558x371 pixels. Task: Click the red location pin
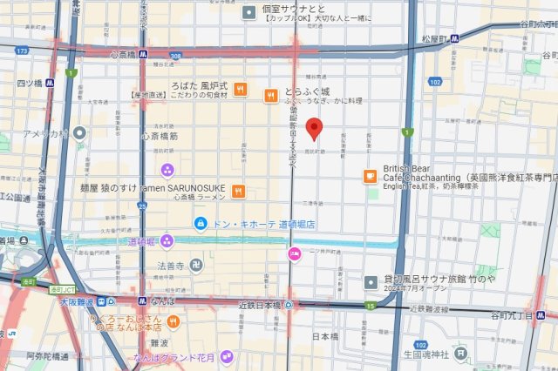[316, 129]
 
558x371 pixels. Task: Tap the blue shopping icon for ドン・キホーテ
[201, 224]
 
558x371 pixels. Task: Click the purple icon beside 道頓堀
[167, 240]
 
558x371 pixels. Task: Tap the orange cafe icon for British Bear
[370, 177]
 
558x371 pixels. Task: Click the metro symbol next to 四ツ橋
[51, 84]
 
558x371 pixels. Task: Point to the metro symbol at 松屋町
[455, 38]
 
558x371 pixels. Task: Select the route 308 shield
[176, 56]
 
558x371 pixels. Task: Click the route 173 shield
[21, 51]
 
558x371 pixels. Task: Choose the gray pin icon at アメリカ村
[79, 133]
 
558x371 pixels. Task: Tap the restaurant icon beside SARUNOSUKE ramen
[237, 192]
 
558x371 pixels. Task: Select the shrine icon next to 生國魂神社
[460, 354]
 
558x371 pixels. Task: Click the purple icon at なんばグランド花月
[227, 357]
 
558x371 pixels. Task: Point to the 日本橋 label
[324, 336]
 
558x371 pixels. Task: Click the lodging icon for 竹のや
[370, 280]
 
